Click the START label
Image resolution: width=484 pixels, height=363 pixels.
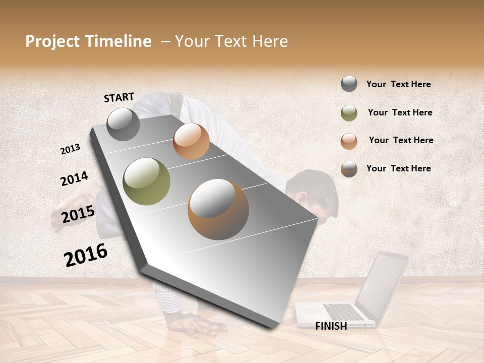click(x=119, y=97)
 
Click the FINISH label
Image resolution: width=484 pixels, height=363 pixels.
click(x=331, y=326)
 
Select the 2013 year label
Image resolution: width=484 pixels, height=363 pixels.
click(x=71, y=149)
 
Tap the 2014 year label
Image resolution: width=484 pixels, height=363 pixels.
click(x=74, y=178)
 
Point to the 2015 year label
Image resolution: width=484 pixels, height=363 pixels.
click(x=78, y=214)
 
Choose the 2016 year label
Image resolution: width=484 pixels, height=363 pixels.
click(x=86, y=255)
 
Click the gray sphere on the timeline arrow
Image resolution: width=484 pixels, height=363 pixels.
click(x=123, y=124)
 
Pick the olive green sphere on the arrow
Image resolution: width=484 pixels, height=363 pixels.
click(x=146, y=181)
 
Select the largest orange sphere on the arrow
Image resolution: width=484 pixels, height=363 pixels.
click(x=218, y=209)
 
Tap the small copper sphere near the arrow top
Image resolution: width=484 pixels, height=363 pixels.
click(x=191, y=141)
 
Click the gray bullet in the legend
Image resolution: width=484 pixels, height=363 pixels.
click(x=349, y=84)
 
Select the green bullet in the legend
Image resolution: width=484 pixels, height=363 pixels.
click(x=349, y=113)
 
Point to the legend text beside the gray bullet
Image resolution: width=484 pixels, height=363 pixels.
click(x=398, y=84)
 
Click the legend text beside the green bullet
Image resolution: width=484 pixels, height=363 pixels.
click(x=400, y=112)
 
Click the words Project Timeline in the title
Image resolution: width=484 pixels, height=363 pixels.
click(x=88, y=41)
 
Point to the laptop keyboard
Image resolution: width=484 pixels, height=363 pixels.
click(x=343, y=312)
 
